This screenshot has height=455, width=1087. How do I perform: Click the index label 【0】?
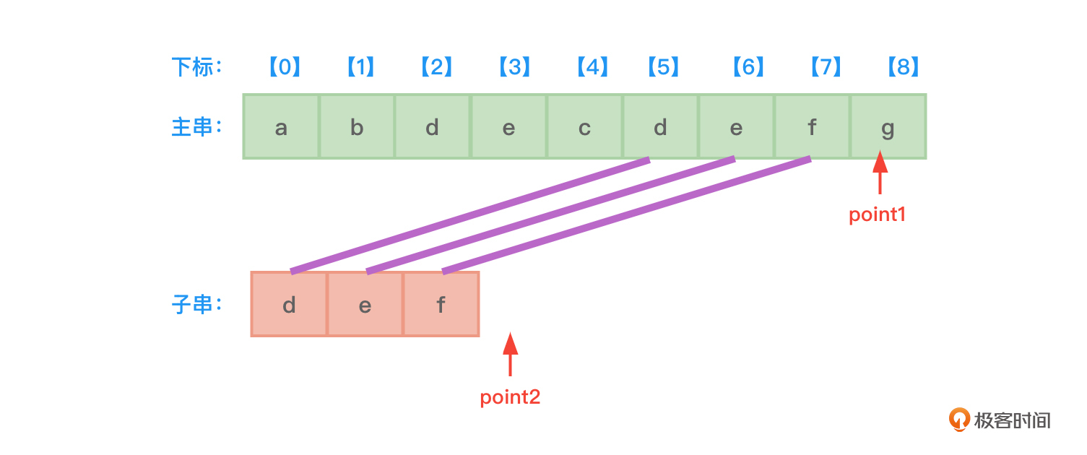285,67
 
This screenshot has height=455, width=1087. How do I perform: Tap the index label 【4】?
592,67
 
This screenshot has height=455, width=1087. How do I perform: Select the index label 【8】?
903,67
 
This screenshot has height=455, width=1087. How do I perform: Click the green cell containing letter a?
281,127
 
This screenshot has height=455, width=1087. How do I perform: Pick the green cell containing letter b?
357,127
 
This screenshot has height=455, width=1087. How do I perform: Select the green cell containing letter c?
584,127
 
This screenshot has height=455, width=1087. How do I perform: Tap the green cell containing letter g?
888,127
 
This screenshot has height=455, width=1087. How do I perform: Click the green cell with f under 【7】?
812,127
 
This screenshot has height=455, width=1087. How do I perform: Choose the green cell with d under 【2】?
432,127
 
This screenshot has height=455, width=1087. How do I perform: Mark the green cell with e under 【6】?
736,127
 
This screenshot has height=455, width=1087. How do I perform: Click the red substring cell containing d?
289,305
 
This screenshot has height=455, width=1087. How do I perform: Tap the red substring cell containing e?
365,305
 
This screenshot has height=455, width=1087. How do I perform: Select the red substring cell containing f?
441,305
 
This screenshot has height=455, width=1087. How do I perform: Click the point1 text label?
877,214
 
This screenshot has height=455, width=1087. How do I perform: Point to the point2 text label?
510,397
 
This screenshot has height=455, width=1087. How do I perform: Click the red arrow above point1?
880,172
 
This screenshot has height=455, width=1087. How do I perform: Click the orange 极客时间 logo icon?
959,420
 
